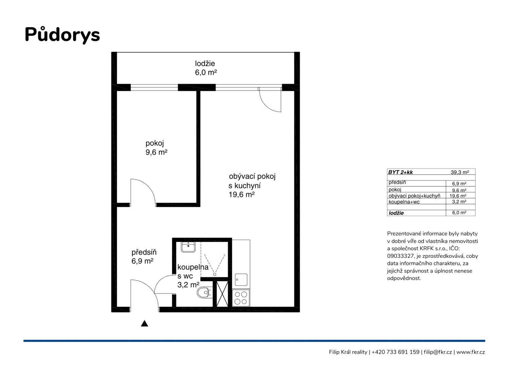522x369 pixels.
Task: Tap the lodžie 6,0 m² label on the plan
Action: tap(206, 68)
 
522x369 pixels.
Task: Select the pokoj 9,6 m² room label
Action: tap(156, 147)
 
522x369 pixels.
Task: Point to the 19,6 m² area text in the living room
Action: tap(241, 194)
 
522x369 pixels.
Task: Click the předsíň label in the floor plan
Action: tap(144, 252)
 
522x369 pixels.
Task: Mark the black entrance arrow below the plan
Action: tap(144, 323)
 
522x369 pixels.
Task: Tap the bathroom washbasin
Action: tap(188, 247)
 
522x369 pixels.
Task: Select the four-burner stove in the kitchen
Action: tap(241, 298)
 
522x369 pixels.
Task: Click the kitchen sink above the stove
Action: tap(241, 280)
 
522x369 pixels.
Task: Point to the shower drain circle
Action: tap(215, 275)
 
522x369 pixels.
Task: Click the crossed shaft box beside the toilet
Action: tap(222, 294)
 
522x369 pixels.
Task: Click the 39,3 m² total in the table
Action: tap(459, 172)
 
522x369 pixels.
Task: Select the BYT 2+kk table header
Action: tap(400, 172)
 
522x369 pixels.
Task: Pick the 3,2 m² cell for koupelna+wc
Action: tap(459, 201)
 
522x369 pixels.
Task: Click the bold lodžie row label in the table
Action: tap(396, 213)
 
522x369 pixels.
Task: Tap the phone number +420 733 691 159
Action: tap(396, 352)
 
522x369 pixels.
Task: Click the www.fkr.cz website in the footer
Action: tap(470, 352)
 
